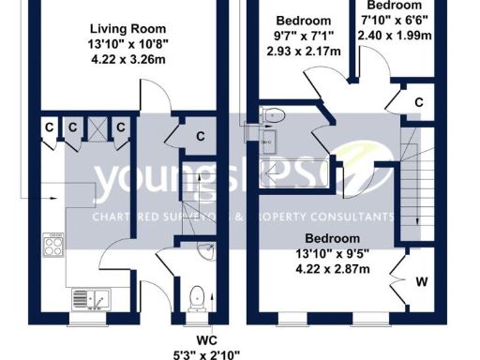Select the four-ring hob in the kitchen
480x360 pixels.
(x=52, y=246)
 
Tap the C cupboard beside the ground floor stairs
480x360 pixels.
(x=200, y=137)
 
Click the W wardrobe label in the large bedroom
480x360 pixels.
(x=422, y=280)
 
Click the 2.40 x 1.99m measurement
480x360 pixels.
(x=394, y=36)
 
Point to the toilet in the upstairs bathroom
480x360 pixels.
(x=272, y=115)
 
